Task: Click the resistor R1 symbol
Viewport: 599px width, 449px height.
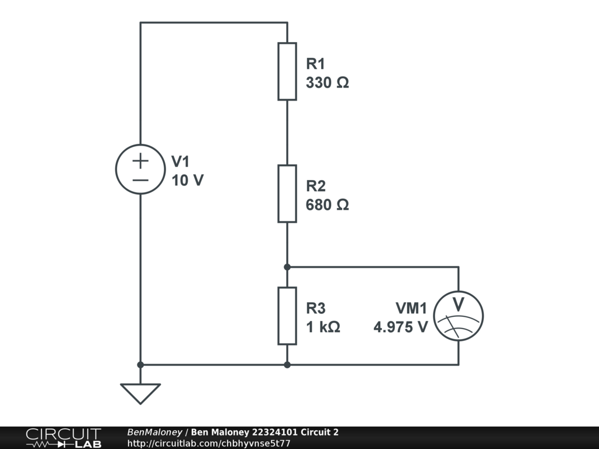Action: pos(287,71)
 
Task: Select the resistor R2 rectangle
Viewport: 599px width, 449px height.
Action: pos(287,194)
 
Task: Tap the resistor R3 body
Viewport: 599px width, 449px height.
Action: pos(287,316)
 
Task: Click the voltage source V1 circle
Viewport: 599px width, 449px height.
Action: pos(140,169)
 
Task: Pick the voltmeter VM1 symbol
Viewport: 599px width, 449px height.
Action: pos(459,316)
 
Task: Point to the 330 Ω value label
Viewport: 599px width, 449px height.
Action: pos(327,82)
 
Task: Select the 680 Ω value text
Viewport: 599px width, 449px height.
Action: pos(327,205)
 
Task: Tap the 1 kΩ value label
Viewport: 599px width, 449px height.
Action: pos(323,327)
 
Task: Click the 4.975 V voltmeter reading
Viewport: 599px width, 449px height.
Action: pos(401,327)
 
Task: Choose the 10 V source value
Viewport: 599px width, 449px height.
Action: pos(188,181)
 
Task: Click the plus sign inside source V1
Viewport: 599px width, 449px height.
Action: pos(140,160)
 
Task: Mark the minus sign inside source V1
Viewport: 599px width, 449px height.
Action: pos(140,179)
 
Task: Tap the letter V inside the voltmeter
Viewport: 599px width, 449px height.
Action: pos(459,305)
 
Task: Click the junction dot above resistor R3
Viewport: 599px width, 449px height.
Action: pos(287,267)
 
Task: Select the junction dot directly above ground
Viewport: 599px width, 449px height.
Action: pos(140,365)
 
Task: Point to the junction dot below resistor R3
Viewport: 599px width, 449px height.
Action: pos(287,365)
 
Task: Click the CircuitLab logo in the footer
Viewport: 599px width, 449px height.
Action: pos(63,438)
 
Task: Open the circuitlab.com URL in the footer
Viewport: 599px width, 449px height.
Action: pos(209,444)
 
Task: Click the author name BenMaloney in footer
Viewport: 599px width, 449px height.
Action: pos(154,433)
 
